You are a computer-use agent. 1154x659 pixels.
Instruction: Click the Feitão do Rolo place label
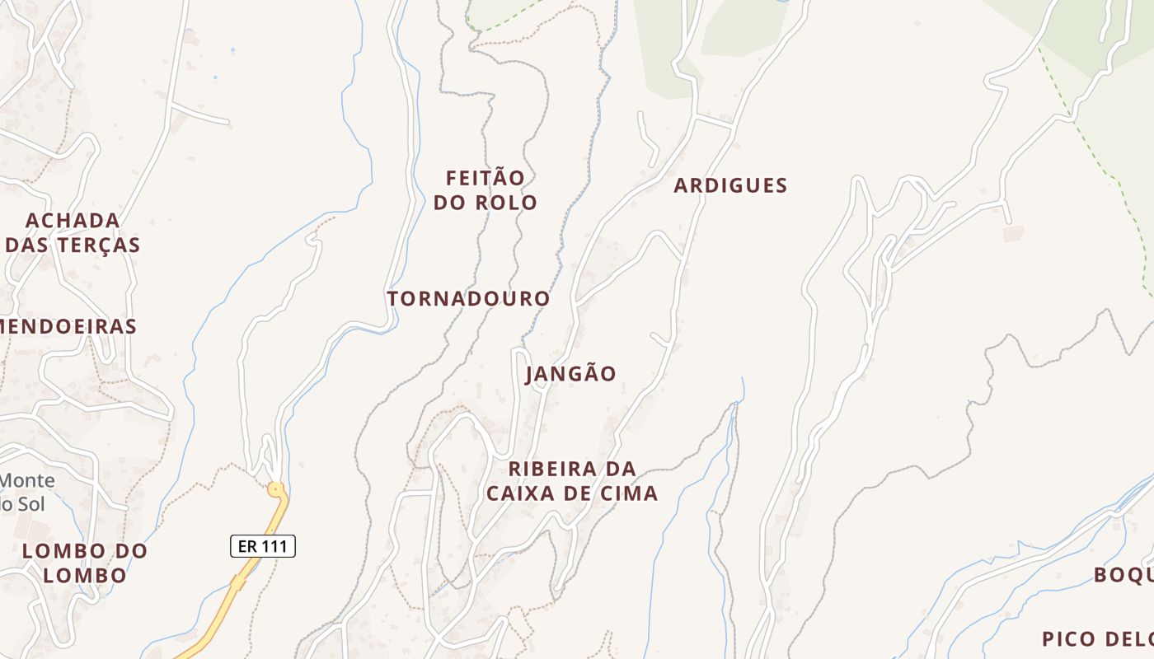pyautogui.click(x=486, y=190)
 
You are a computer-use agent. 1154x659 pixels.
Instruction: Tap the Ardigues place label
pyautogui.click(x=730, y=185)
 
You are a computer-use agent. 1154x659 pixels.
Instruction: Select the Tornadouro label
pyautogui.click(x=468, y=298)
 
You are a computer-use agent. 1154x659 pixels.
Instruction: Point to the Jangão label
pyautogui.click(x=570, y=374)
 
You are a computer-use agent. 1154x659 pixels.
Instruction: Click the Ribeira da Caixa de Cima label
pyautogui.click(x=572, y=481)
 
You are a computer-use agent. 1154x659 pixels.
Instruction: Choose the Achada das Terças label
pyautogui.click(x=73, y=233)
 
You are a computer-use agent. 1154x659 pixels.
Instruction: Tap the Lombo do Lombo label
pyautogui.click(x=85, y=563)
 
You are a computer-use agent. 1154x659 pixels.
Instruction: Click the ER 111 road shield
pyautogui.click(x=262, y=545)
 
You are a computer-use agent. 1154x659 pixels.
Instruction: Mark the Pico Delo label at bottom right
pyautogui.click(x=1096, y=638)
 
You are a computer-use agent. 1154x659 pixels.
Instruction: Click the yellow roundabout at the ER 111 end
pyautogui.click(x=275, y=490)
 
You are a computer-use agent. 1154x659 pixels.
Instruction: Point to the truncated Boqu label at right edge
pyautogui.click(x=1124, y=574)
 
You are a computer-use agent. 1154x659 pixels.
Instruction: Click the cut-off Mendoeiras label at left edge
pyautogui.click(x=68, y=326)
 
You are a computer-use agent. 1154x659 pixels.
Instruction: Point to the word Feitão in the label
pyautogui.click(x=486, y=178)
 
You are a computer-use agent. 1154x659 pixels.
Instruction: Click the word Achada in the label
pyautogui.click(x=73, y=221)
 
